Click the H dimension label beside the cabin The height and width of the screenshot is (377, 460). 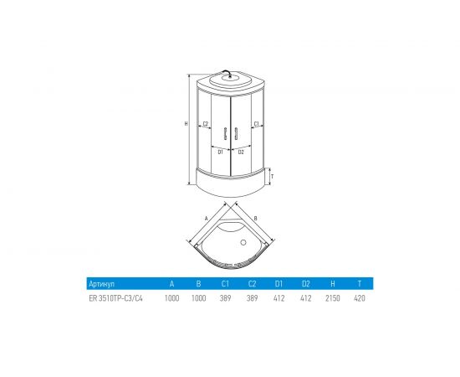[186, 124]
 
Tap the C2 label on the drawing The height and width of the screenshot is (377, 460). [206, 124]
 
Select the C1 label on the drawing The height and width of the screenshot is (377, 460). [256, 124]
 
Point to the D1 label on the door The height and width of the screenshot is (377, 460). [220, 152]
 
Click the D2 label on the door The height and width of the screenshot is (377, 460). [241, 152]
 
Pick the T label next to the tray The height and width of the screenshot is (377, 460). [273, 177]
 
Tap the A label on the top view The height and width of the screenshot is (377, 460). [207, 219]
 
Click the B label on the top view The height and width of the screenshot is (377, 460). [256, 219]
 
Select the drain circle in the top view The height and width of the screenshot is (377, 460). [243, 242]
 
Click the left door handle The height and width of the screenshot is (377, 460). [225, 133]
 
